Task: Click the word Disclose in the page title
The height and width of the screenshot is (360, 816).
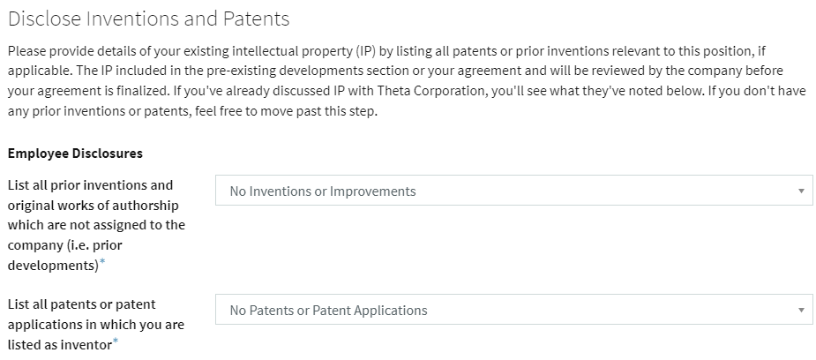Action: tap(45, 19)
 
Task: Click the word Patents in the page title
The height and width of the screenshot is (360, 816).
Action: tap(256, 19)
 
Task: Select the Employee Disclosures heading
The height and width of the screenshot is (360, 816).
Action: tap(75, 154)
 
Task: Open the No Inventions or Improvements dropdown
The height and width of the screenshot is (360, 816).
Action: tap(514, 191)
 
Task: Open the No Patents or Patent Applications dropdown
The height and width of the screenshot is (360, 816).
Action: tap(514, 310)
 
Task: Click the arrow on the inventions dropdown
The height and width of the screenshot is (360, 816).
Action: tap(801, 191)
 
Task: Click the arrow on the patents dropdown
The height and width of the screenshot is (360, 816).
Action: tap(801, 310)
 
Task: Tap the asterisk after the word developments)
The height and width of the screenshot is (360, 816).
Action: tap(102, 262)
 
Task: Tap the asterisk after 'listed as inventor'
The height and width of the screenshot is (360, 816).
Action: tap(116, 341)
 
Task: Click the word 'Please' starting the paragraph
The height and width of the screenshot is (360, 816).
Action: tap(25, 51)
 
